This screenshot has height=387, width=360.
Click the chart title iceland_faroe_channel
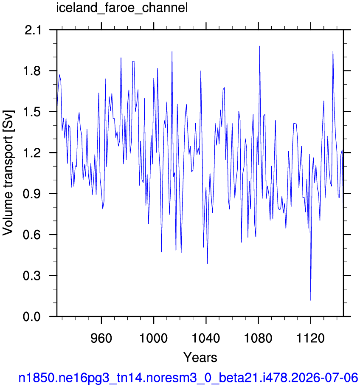122,8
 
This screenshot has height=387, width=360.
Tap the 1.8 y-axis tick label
32,71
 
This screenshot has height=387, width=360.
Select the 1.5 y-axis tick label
32,112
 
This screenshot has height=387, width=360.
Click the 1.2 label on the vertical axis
32,153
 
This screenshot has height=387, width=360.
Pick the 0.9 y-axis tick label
32,194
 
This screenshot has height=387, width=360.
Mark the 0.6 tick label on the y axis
32,235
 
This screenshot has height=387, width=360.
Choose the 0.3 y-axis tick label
32,276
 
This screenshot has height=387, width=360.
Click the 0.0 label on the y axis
32,316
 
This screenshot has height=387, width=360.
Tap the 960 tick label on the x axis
101,338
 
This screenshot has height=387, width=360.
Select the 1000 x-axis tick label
153,338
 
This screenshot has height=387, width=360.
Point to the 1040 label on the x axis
205,338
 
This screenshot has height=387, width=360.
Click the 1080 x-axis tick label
258,338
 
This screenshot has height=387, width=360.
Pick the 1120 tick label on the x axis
310,338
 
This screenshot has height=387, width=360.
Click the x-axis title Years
200,357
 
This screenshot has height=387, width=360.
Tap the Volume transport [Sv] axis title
8,173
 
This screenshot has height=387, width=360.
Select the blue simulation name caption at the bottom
188,378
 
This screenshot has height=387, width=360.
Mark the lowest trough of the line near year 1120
311,300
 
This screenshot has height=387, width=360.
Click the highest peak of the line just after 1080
260,46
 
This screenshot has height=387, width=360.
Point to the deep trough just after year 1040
207,264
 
